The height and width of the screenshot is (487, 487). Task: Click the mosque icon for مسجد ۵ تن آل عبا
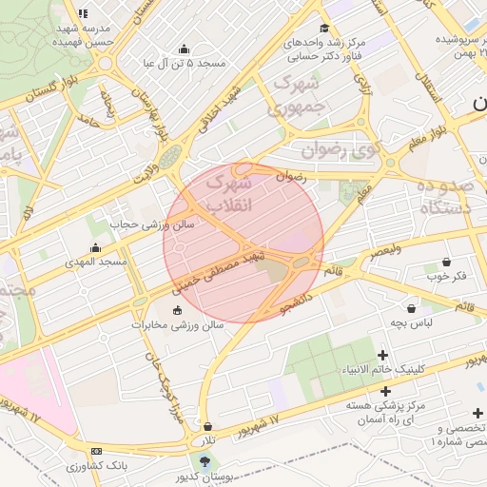point(184,49)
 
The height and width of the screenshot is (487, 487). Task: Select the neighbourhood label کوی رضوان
point(341,149)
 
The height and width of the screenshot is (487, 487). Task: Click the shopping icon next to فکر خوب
point(446,262)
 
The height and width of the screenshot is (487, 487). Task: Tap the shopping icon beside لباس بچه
point(411,308)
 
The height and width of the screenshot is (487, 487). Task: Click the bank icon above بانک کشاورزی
point(96,451)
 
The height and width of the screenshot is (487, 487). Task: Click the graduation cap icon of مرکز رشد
point(324,28)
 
